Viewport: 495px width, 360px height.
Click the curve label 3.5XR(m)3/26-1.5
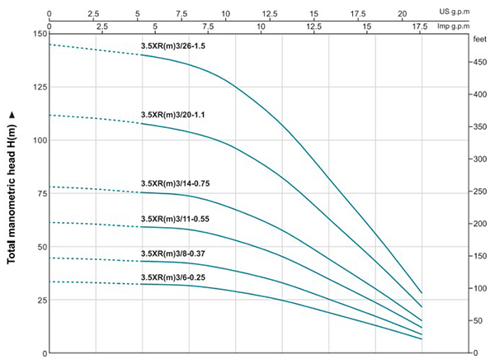174,47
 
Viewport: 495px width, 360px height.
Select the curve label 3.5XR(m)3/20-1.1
174,115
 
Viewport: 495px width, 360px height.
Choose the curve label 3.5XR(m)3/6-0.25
174,277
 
